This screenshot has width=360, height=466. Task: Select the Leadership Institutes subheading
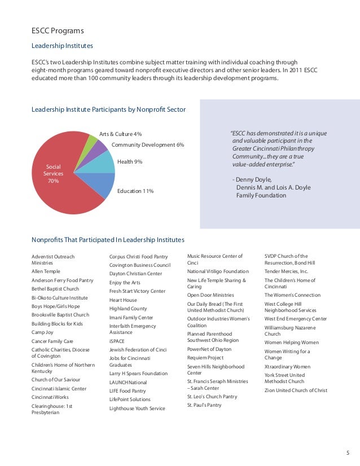(x=62, y=45)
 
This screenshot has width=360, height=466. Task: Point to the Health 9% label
(x=130, y=162)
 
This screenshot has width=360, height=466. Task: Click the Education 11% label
(x=135, y=191)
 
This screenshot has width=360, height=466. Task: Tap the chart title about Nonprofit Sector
(x=108, y=109)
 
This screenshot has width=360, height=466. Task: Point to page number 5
(x=348, y=452)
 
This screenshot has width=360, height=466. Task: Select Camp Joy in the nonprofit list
(x=43, y=332)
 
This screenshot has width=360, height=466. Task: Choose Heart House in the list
(x=123, y=300)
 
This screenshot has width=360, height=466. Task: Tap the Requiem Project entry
(x=205, y=358)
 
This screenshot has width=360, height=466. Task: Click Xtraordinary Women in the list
(x=287, y=366)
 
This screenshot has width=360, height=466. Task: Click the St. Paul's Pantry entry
(x=204, y=405)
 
